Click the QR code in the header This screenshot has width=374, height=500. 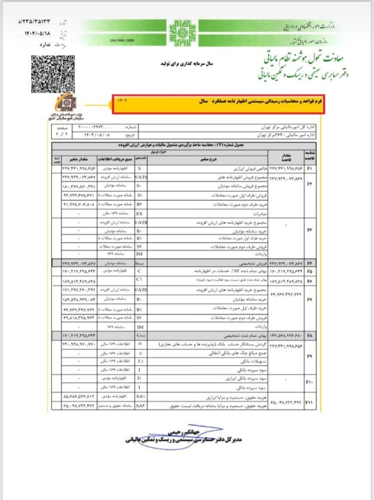(x=53, y=74)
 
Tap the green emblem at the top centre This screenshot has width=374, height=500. (x=182, y=33)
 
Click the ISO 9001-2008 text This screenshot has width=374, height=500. (x=122, y=40)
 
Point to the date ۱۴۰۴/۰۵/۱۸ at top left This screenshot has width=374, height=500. (x=37, y=34)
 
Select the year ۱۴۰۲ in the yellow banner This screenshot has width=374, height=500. (x=122, y=101)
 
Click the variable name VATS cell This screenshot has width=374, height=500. (x=141, y=177)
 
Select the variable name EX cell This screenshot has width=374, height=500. (x=140, y=213)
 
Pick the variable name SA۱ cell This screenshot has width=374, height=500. (x=140, y=396)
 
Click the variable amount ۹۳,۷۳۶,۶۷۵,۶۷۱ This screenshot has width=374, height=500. (x=79, y=195)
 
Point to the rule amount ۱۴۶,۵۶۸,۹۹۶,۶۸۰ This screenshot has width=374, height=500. (x=286, y=336)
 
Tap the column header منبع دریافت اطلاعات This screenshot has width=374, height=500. (x=115, y=159)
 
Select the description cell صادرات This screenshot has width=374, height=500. (x=260, y=214)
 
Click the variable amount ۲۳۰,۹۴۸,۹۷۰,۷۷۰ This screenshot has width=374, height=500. (x=79, y=344)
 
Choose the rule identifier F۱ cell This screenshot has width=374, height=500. (x=310, y=169)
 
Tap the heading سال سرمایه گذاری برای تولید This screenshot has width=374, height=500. (x=187, y=63)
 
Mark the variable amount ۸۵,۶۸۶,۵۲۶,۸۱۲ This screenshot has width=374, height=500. (x=79, y=396)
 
